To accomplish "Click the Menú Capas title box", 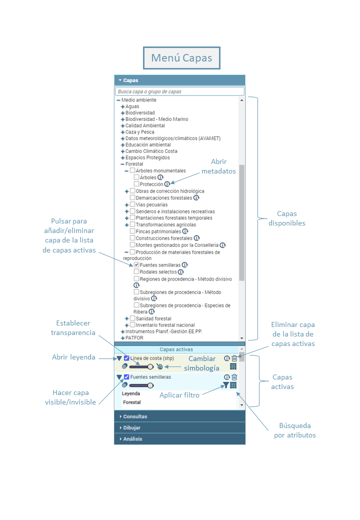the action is (181, 58).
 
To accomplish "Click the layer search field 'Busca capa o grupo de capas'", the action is (179, 91).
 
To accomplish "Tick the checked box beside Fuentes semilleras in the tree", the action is (136, 265).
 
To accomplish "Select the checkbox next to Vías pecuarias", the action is (132, 204).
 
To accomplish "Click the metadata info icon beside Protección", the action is (167, 184).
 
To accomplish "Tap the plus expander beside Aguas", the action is (122, 107).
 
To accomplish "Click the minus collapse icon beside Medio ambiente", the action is (118, 100).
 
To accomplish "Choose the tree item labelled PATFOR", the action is (134, 338).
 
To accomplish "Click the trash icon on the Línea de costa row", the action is (234, 358).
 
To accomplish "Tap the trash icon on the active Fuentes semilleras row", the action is (234, 377).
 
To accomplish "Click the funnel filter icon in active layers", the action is (225, 385).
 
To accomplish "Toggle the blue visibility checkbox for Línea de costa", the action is (126, 358).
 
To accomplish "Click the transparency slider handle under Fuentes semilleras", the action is (150, 385).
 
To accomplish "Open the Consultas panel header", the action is (179, 416).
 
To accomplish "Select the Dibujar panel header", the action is (179, 428).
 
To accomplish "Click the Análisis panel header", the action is (179, 439).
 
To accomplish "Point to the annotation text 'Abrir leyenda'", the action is (73, 357).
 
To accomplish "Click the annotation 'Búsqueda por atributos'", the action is (295, 430).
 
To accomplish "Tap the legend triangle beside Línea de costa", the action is (119, 358).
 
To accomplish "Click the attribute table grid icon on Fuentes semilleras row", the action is (233, 385).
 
